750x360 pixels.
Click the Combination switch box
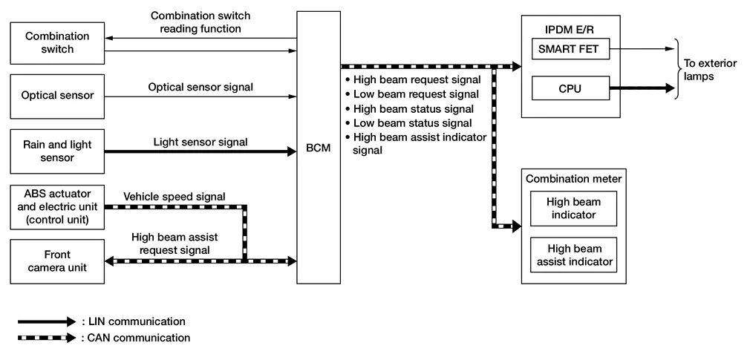(x=57, y=43)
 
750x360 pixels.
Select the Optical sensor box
(x=57, y=96)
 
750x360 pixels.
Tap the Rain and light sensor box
(x=57, y=151)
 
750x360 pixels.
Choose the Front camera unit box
(x=57, y=261)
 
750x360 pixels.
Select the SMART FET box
(x=569, y=50)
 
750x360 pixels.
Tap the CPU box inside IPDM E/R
(x=569, y=88)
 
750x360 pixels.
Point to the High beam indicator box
(x=574, y=209)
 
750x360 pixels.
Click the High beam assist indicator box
(x=574, y=255)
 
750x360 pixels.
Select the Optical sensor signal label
(x=200, y=88)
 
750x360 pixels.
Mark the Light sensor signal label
(x=200, y=142)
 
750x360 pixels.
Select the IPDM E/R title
(x=569, y=29)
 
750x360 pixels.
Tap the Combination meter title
(x=574, y=178)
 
